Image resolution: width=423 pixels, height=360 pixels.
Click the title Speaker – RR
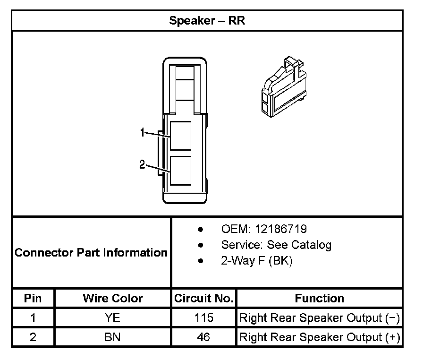[207, 21]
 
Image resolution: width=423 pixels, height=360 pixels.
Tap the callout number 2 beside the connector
[142, 164]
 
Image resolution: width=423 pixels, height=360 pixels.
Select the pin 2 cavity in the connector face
[181, 170]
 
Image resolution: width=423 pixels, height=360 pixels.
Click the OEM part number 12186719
[281, 229]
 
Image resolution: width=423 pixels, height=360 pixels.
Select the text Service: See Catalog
[276, 245]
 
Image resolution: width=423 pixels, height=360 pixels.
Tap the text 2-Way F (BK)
[256, 261]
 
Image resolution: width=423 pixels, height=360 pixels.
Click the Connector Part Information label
[91, 252]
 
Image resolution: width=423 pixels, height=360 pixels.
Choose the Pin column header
[33, 298]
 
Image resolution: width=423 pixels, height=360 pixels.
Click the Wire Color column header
[112, 298]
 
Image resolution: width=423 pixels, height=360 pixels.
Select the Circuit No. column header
[203, 298]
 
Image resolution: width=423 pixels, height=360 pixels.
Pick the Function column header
[319, 298]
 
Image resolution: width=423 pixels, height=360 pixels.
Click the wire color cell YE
[112, 318]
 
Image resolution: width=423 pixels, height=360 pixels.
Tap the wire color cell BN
[112, 337]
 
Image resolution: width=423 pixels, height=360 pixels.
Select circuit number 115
[203, 318]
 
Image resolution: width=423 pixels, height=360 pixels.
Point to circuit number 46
[203, 337]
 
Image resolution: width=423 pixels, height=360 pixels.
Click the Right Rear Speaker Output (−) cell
[320, 318]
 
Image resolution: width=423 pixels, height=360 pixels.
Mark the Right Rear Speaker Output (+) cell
[320, 337]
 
